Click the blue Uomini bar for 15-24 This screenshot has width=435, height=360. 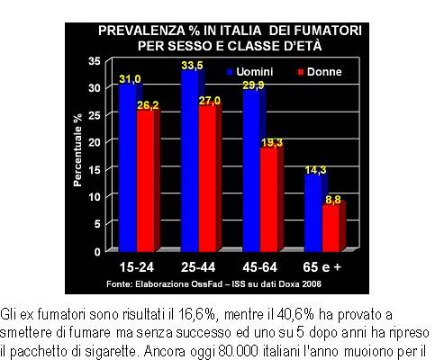tap(128, 168)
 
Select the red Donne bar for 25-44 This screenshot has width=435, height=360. tap(208, 179)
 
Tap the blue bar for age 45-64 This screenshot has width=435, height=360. tap(251, 171)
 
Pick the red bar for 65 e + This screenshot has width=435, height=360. tap(331, 229)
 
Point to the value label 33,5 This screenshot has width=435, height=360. tap(192, 66)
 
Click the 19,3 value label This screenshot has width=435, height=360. tap(272, 143)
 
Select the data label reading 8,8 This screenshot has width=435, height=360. tap(333, 200)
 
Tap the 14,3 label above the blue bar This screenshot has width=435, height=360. tap(315, 170)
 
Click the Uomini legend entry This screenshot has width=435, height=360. tap(250, 72)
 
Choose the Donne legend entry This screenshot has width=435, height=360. tap(320, 72)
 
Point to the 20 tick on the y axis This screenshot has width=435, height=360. tap(95, 142)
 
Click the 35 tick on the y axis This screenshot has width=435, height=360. tap(95, 61)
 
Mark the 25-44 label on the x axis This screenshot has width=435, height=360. tap(198, 267)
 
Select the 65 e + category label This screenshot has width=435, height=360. tap(322, 267)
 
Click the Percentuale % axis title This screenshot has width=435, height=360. tap(77, 149)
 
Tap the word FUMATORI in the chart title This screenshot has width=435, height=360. tap(328, 31)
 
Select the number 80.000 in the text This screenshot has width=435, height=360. tap(239, 351)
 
